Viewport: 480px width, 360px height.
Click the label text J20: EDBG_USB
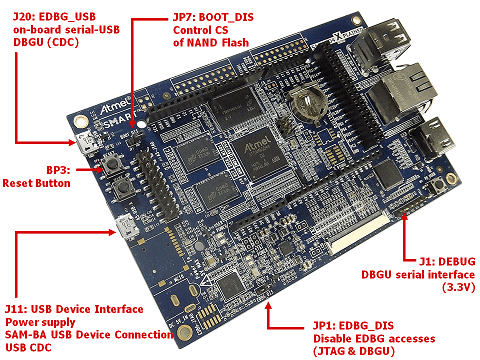click(x=54, y=17)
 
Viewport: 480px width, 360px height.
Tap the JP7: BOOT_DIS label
click(x=213, y=17)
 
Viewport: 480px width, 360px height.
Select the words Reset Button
click(x=36, y=183)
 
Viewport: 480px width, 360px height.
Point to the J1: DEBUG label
click(x=447, y=261)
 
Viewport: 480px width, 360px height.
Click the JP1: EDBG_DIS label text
click(x=353, y=325)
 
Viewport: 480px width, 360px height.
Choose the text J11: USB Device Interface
click(x=74, y=309)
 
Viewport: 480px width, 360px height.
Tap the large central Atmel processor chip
click(x=259, y=154)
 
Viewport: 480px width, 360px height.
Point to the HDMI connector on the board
click(x=432, y=139)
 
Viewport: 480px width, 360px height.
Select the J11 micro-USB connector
click(x=127, y=227)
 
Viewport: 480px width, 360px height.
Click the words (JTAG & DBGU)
click(x=354, y=351)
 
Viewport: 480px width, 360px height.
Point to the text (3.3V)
click(x=458, y=287)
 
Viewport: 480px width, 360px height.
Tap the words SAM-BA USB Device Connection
click(x=89, y=334)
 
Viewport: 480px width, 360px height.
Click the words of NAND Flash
click(x=211, y=42)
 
